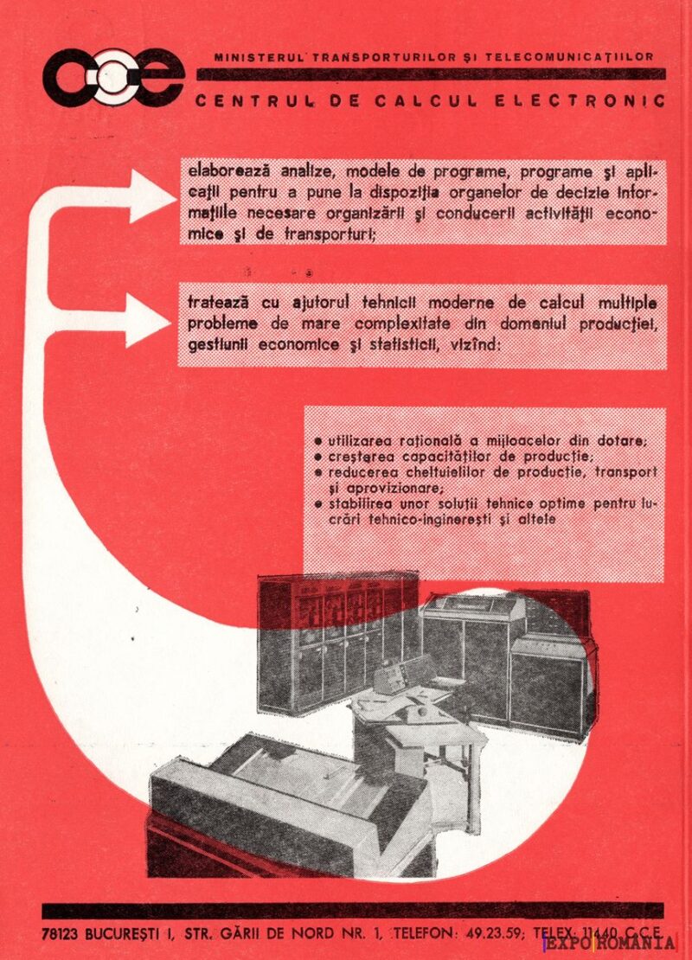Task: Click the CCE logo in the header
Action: pos(112,77)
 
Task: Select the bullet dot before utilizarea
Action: pos(318,441)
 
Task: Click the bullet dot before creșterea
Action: pos(318,457)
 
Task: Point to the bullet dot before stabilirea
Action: pos(318,503)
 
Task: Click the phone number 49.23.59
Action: pos(494,933)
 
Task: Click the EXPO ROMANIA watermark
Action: pos(610,944)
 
